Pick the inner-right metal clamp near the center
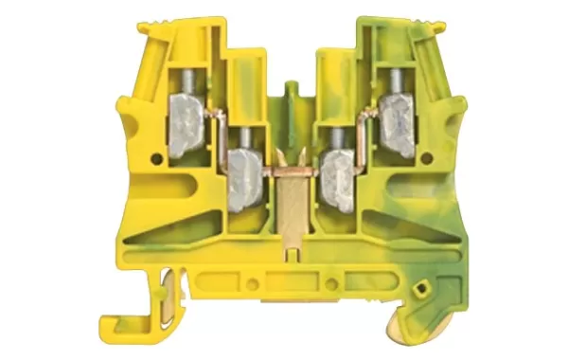click(x=335, y=169)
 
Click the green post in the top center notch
click(x=292, y=99)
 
